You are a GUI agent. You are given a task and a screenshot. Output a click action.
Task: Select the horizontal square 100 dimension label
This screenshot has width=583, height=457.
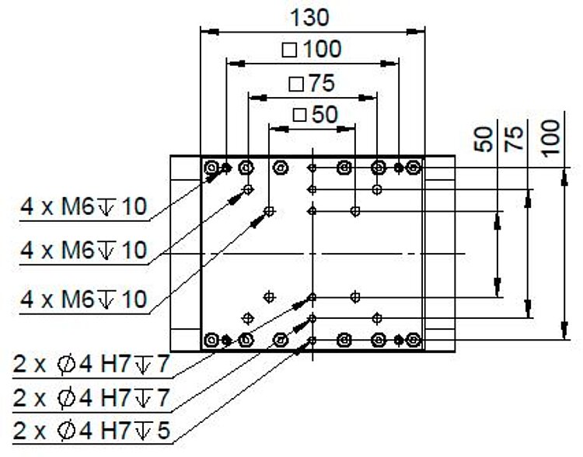tap(311, 49)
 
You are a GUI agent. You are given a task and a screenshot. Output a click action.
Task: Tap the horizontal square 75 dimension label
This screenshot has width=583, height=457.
tap(312, 82)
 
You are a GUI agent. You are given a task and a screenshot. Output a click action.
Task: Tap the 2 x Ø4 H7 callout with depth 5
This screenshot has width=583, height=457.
tap(91, 428)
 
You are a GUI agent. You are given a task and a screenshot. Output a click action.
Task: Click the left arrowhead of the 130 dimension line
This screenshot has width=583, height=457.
tap(207, 32)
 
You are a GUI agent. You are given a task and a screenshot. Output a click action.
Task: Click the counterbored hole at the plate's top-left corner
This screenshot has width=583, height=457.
tap(211, 167)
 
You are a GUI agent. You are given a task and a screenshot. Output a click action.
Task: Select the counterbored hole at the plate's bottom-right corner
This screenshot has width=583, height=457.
tap(413, 340)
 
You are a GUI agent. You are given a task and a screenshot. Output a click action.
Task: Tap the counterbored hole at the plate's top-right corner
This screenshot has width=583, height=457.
tap(413, 167)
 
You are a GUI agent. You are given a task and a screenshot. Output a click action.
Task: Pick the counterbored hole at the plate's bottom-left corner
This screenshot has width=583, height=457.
tap(211, 340)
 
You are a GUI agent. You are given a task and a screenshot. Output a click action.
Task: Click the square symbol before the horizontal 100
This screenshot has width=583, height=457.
tap(290, 50)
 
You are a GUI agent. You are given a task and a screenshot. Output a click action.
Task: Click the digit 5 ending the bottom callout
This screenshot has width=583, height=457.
tap(162, 428)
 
